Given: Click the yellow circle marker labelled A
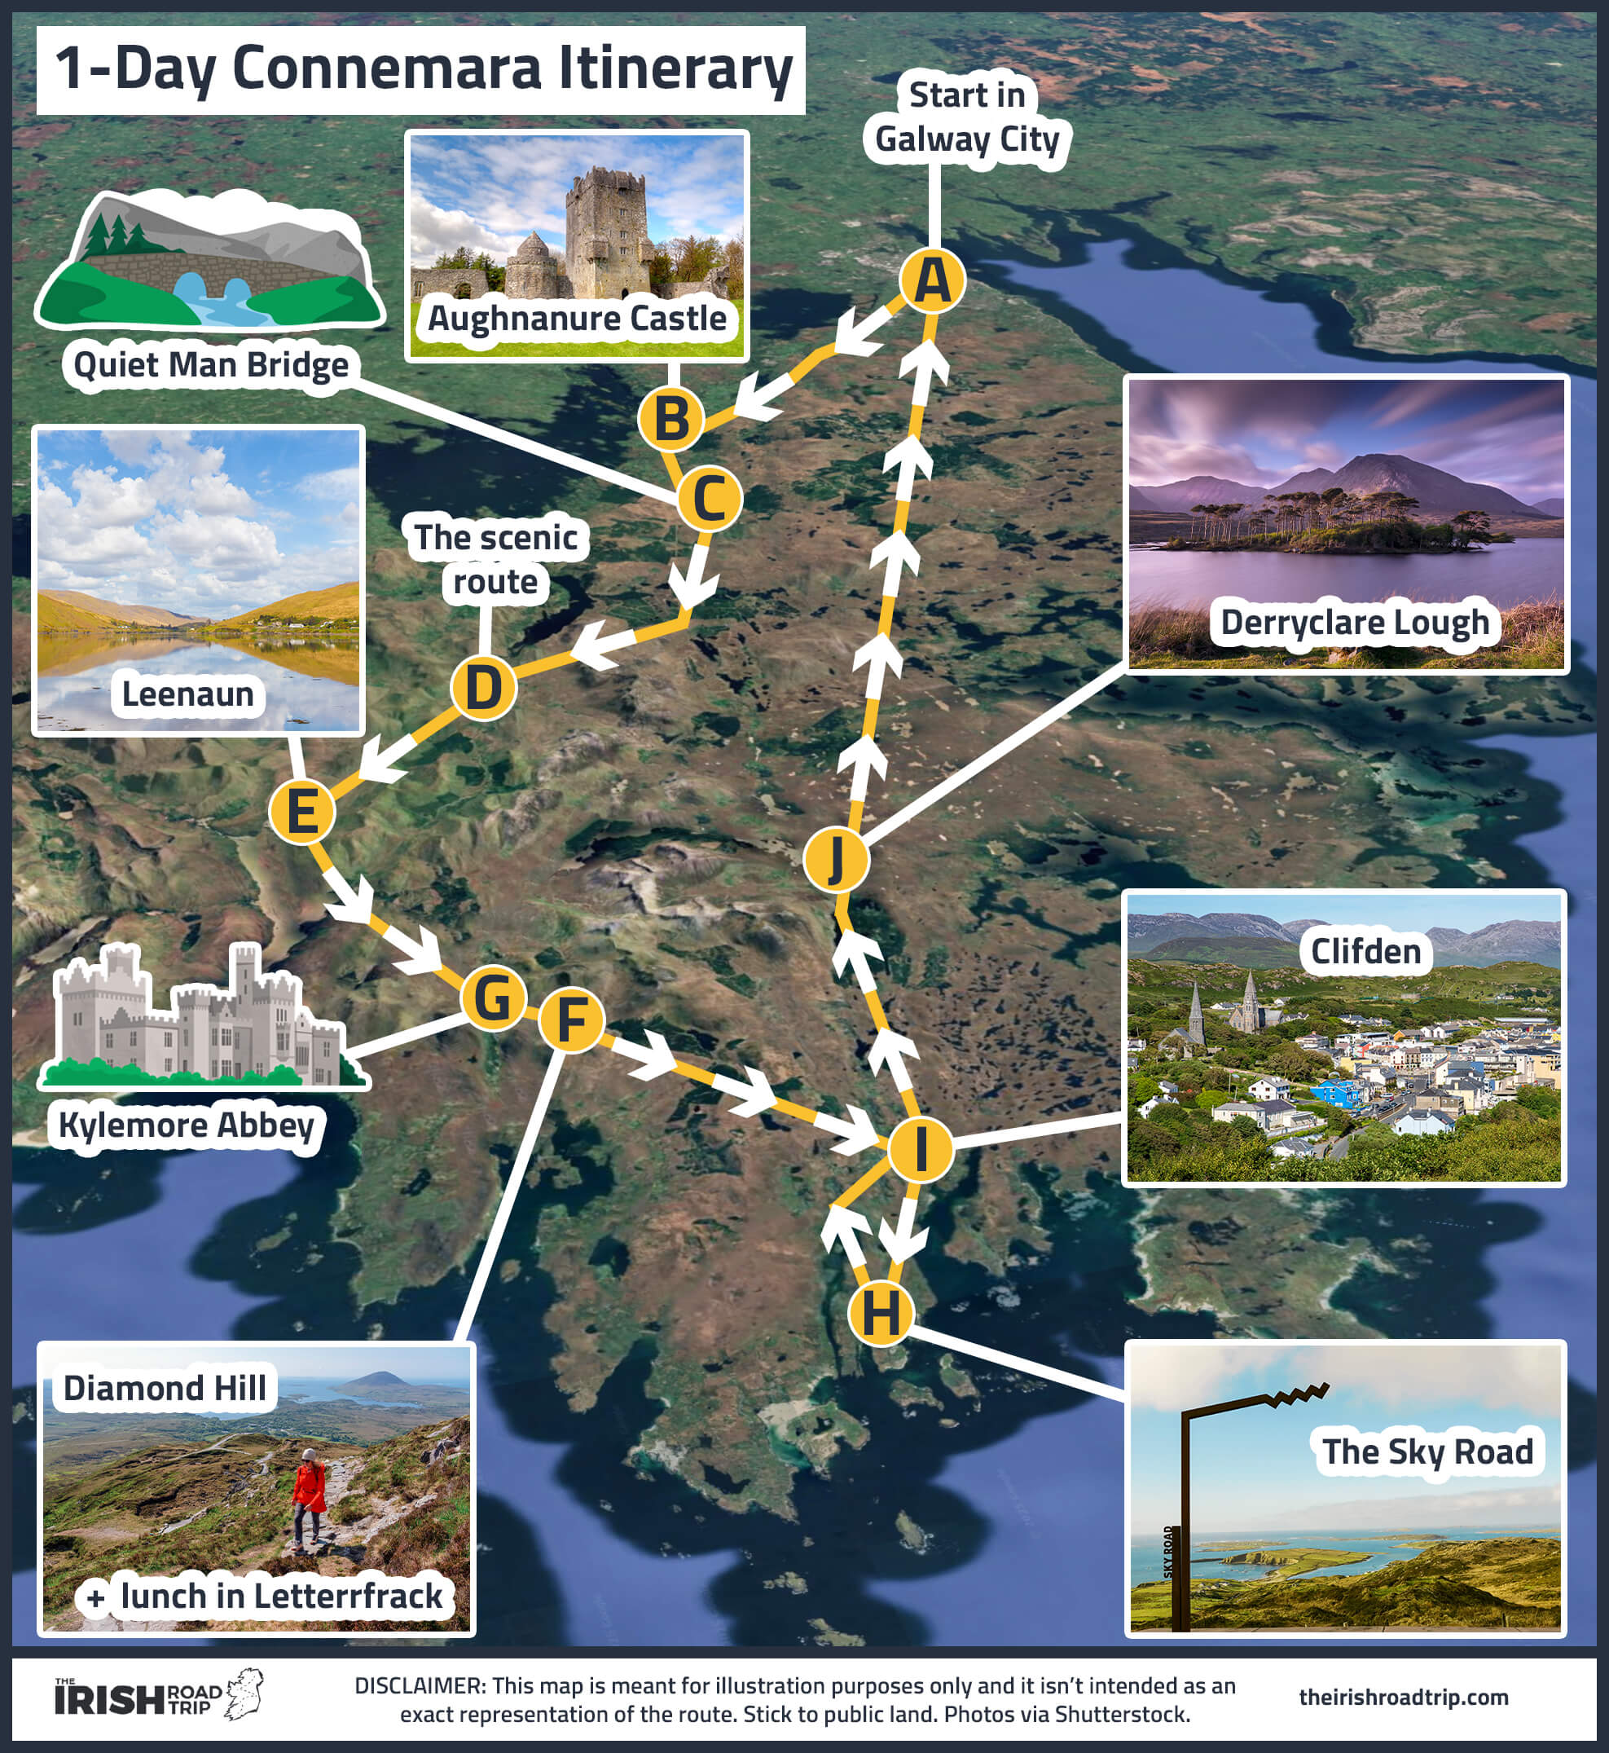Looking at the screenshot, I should [x=933, y=280].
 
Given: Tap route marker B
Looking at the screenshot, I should [x=670, y=419].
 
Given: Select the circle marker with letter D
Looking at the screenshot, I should [x=483, y=688].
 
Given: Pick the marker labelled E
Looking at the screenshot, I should [x=301, y=812].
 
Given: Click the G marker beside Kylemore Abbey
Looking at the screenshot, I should [x=493, y=998].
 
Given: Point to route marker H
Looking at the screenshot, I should [x=880, y=1313].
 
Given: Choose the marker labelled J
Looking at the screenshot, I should [x=836, y=860].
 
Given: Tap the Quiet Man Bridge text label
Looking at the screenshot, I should [x=211, y=365].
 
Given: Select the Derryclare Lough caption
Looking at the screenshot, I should [x=1354, y=623].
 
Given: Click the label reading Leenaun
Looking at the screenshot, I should [x=188, y=694].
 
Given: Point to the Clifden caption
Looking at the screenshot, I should [x=1365, y=951].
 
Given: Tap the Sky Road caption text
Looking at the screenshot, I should [x=1427, y=1451].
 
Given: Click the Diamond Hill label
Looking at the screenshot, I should [x=165, y=1388].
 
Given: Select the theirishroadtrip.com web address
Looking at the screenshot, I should [x=1403, y=1698].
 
